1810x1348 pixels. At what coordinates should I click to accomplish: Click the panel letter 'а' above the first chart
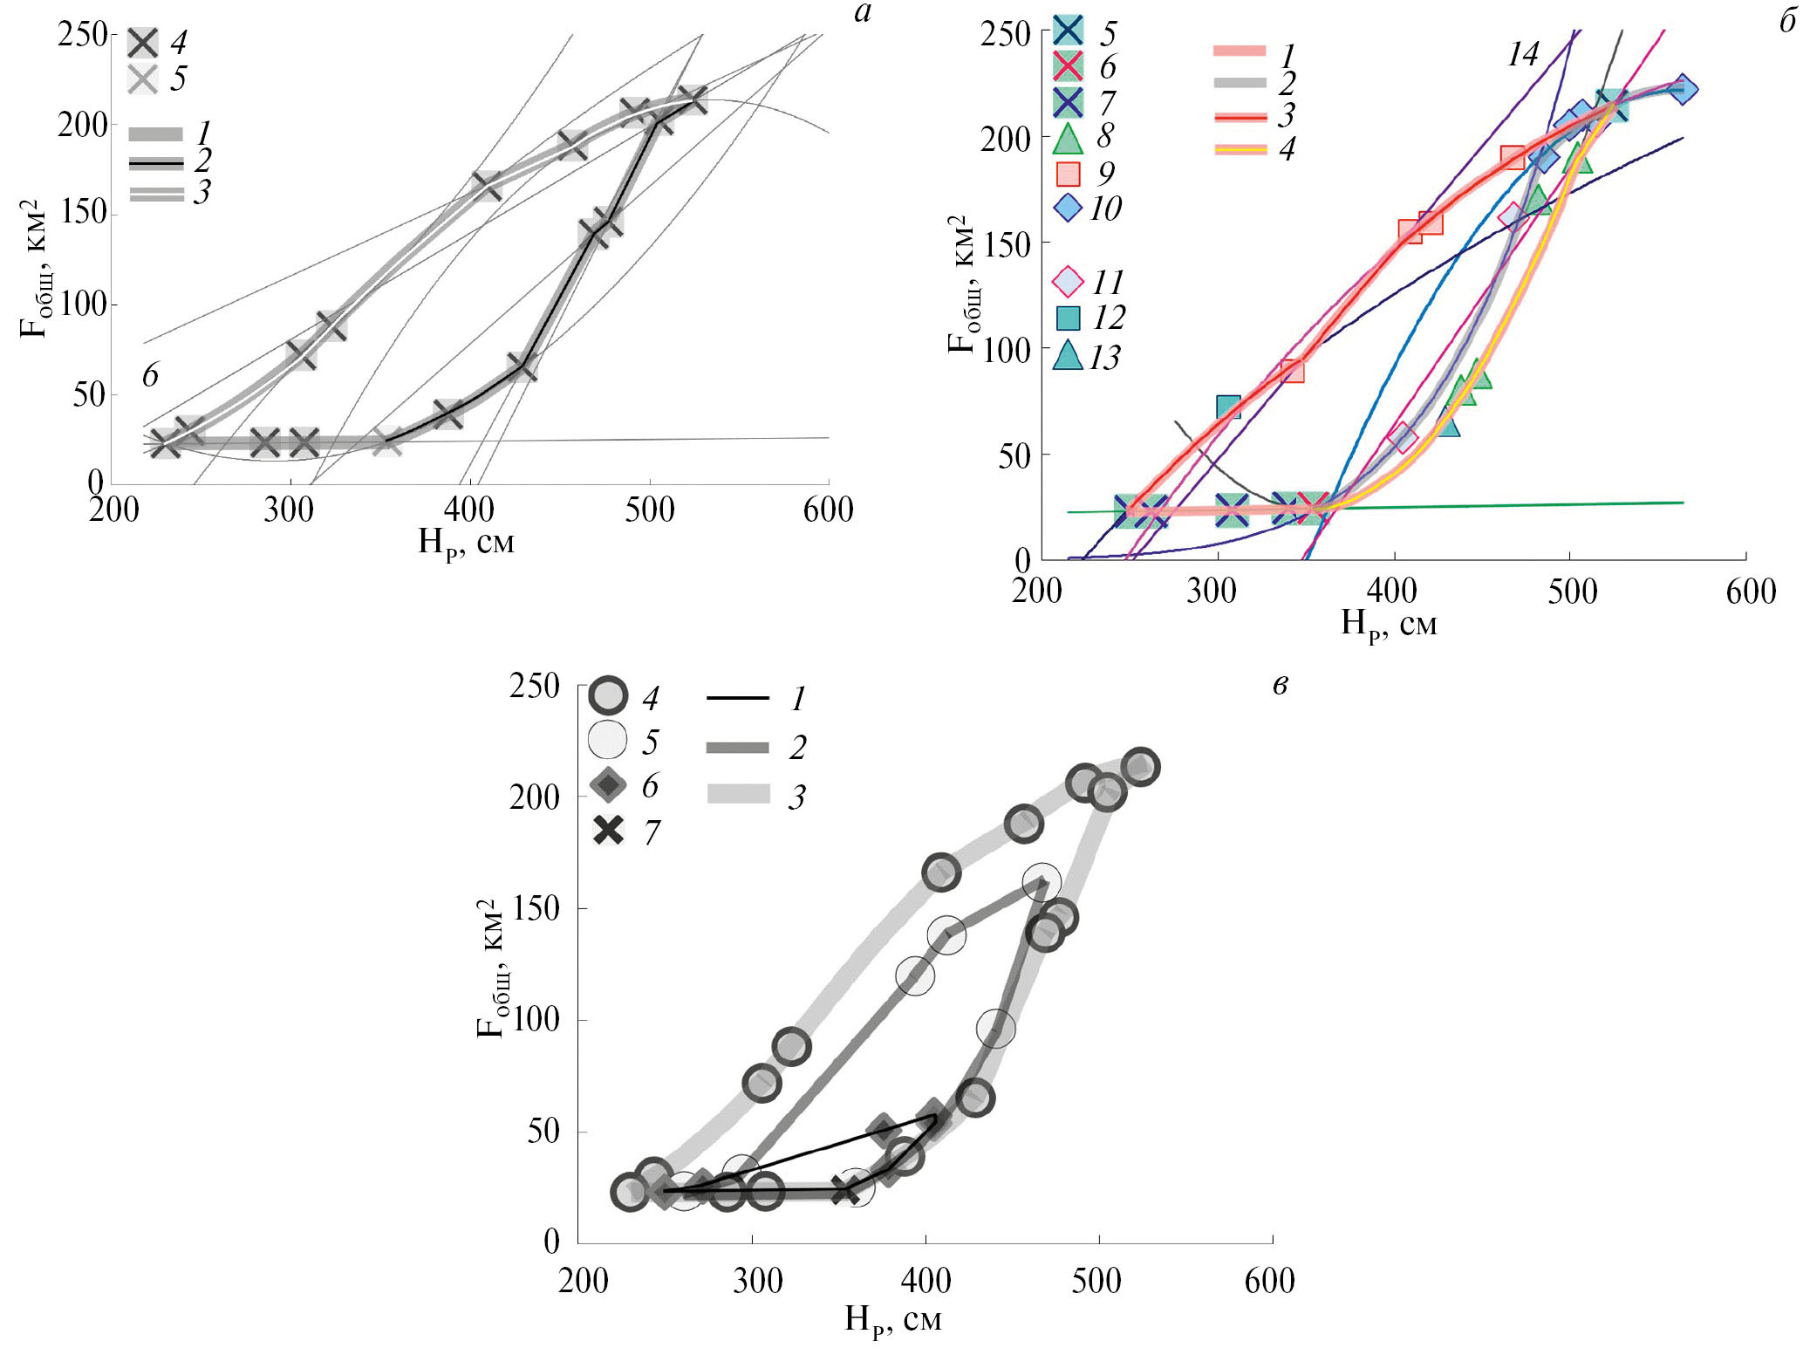[862, 15]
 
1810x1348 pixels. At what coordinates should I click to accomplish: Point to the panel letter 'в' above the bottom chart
[1280, 686]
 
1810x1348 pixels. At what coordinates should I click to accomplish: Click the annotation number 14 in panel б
[1523, 55]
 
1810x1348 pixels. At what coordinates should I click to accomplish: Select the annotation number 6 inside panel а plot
[150, 375]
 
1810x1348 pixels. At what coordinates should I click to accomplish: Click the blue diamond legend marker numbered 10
[1068, 209]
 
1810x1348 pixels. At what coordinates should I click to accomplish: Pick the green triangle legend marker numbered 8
[1068, 138]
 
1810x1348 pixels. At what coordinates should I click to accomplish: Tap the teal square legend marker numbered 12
[1068, 318]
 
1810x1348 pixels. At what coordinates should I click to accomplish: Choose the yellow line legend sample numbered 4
[1240, 149]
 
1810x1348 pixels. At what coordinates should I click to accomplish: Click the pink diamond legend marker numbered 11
[1068, 283]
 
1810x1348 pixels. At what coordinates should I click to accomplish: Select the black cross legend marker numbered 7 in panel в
[608, 831]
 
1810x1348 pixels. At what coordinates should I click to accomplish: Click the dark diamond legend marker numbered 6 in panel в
[608, 785]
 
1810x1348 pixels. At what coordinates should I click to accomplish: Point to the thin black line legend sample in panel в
[737, 698]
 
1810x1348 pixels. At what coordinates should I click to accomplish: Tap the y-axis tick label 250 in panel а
[83, 35]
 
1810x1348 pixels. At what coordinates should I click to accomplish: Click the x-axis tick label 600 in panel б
[1751, 592]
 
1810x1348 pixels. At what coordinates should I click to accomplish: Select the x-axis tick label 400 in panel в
[925, 1280]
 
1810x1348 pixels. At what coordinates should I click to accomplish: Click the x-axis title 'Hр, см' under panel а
[466, 544]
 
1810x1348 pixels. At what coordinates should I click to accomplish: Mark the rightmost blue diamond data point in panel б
[1683, 89]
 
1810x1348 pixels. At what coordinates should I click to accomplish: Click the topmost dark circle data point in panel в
[1140, 767]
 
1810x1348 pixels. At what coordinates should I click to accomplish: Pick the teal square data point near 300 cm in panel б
[1228, 407]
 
